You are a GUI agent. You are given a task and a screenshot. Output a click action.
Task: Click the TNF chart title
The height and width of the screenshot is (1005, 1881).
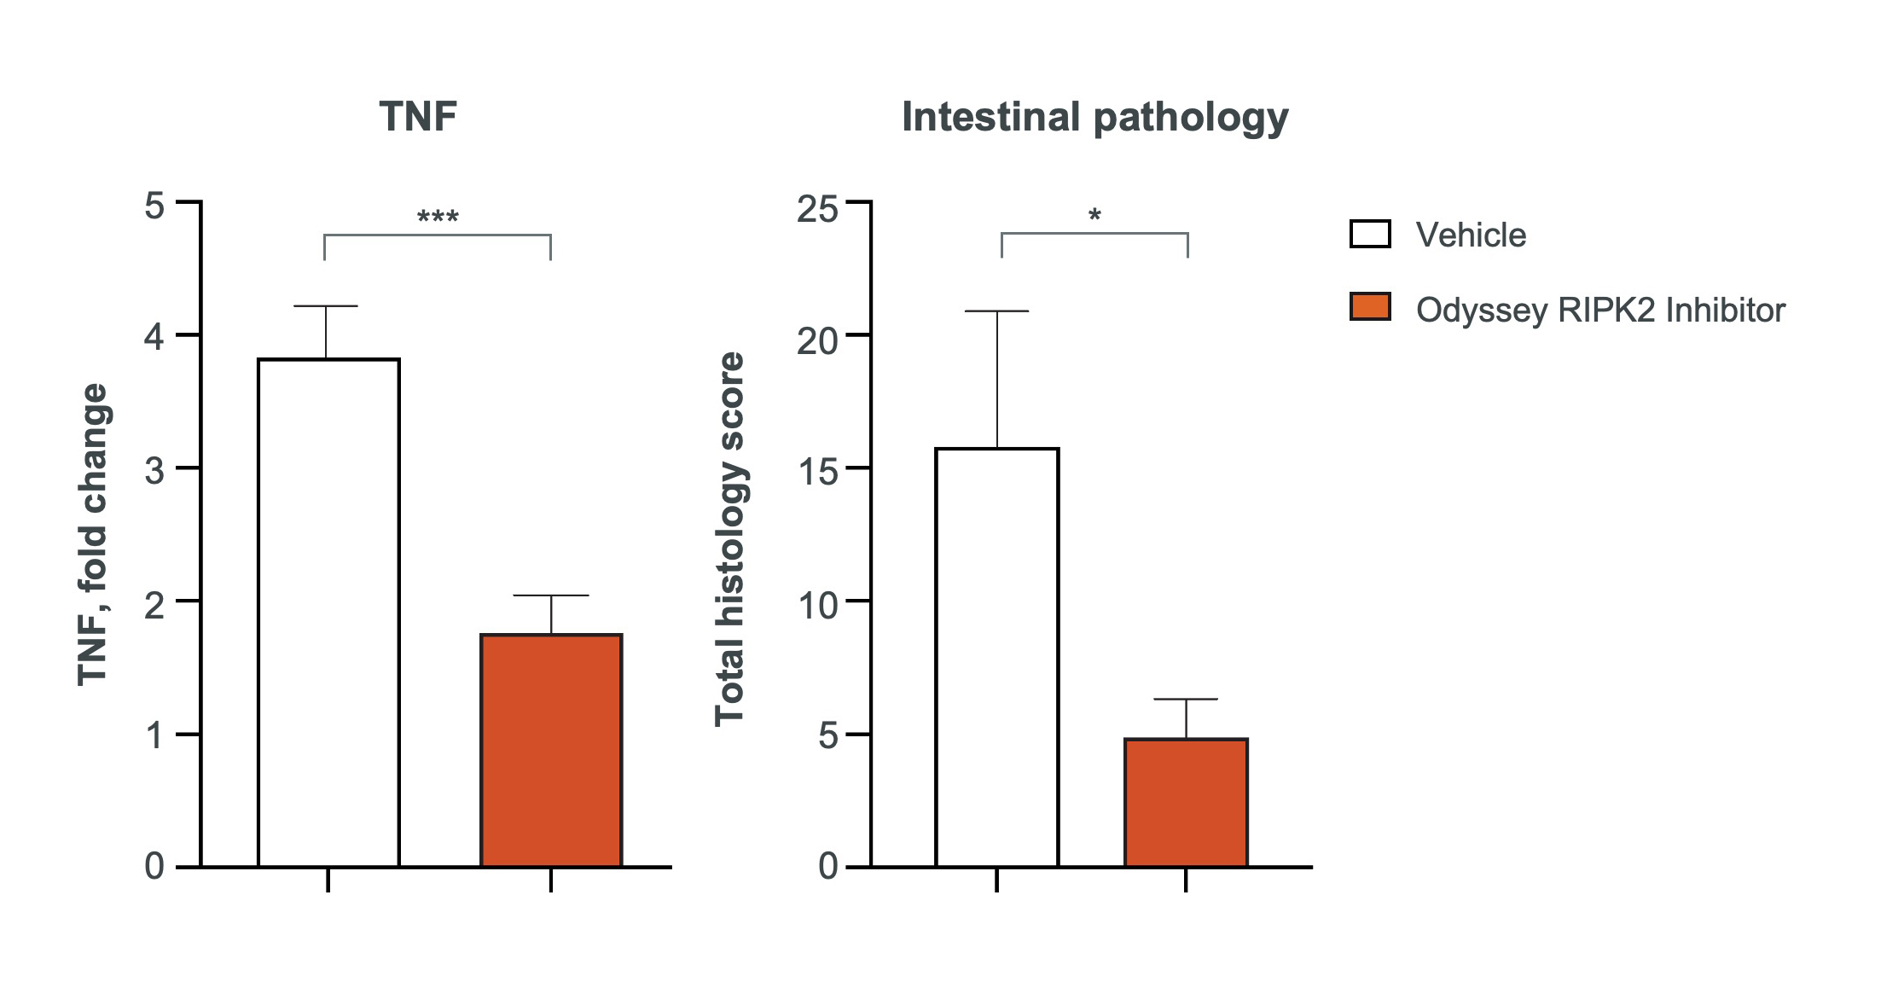pos(418,117)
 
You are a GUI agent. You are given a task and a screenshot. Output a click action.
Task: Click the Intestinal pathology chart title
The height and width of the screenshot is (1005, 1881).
pos(1094,117)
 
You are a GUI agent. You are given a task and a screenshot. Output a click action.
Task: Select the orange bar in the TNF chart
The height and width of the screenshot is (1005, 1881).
pos(551,751)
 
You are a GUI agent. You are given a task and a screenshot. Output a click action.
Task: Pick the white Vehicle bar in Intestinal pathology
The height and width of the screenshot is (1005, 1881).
pos(997,657)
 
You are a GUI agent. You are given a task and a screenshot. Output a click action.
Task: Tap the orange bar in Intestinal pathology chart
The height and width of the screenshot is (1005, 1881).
pos(1186,802)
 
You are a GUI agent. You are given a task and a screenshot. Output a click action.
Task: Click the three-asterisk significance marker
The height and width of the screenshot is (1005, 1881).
pos(438,218)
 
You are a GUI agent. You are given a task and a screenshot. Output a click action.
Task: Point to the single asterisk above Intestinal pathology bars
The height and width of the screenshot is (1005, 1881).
pos(1094,216)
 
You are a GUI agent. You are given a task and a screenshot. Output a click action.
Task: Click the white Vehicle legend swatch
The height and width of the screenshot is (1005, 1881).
pos(1370,234)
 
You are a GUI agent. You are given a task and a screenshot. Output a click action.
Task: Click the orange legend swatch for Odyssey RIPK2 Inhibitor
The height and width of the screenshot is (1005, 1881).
pos(1370,307)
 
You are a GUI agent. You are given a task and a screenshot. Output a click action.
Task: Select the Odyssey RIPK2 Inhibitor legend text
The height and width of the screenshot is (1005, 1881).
pos(1600,310)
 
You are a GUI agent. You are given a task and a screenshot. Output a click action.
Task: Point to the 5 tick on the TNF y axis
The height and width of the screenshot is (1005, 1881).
pos(154,206)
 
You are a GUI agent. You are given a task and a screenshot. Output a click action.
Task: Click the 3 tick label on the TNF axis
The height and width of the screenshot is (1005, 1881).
pos(154,470)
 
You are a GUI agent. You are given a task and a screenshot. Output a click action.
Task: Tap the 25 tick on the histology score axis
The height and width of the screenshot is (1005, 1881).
pos(817,209)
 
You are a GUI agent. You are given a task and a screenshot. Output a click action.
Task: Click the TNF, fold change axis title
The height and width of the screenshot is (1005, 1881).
pos(93,535)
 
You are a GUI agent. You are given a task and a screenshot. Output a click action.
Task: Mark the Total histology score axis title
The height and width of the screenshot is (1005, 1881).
pos(730,538)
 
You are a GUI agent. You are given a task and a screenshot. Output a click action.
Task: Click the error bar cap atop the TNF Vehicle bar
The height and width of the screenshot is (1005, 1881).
pos(326,305)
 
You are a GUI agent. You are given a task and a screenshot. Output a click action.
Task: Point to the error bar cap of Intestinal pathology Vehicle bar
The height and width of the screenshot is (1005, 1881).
pos(997,311)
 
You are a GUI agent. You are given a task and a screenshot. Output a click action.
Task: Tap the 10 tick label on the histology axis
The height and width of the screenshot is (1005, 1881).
pos(817,605)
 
